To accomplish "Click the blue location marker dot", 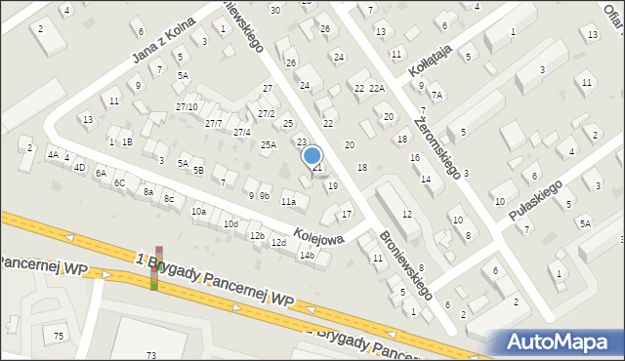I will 312,155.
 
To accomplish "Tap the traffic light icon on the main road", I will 153,268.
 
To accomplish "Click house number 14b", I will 307,256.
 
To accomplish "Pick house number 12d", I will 278,242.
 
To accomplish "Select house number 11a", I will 288,202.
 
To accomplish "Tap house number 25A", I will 268,145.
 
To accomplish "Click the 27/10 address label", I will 187,106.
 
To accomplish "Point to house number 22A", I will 377,89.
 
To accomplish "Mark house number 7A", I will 437,95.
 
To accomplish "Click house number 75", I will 59,336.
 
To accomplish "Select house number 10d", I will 230,224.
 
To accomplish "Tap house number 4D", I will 79,167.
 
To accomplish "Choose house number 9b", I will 264,195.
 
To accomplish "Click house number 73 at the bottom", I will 150,354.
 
